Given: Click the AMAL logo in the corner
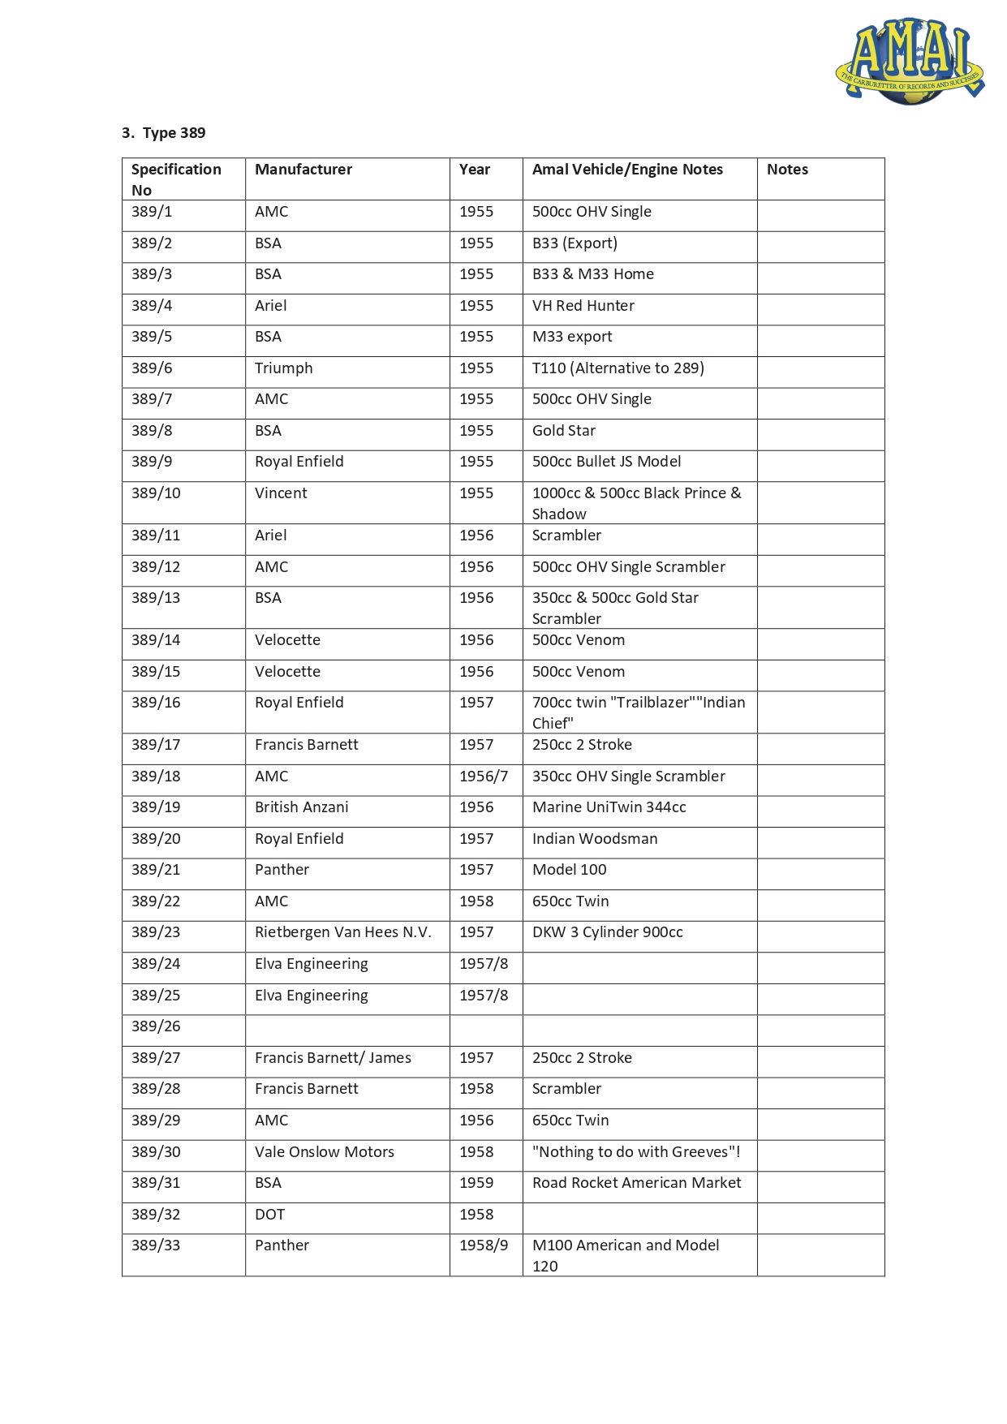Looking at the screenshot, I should (909, 62).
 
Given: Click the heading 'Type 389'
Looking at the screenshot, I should (164, 133).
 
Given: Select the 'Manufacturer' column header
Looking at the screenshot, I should (303, 170).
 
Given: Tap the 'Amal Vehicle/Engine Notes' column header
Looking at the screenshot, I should (627, 170).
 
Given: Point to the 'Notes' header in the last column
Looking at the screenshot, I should (787, 170).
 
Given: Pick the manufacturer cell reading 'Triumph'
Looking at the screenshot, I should (283, 368).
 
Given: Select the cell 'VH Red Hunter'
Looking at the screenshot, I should (583, 306).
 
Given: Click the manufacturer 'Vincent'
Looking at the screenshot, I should (281, 493).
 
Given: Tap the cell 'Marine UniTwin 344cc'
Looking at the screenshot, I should (609, 807).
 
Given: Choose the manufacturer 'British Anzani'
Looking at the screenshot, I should (301, 807).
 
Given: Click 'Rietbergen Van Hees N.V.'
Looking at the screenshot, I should (342, 932).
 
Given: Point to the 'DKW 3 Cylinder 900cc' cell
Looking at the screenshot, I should (607, 932).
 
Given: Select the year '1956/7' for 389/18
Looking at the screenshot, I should (484, 777).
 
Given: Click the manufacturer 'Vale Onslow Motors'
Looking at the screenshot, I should (324, 1152).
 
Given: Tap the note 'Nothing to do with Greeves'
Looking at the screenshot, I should (635, 1152).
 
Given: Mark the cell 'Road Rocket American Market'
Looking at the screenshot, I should (636, 1183).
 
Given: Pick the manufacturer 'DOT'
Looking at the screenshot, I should (269, 1215).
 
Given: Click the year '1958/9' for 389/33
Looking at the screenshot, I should (484, 1245).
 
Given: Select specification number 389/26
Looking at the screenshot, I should (156, 1026).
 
